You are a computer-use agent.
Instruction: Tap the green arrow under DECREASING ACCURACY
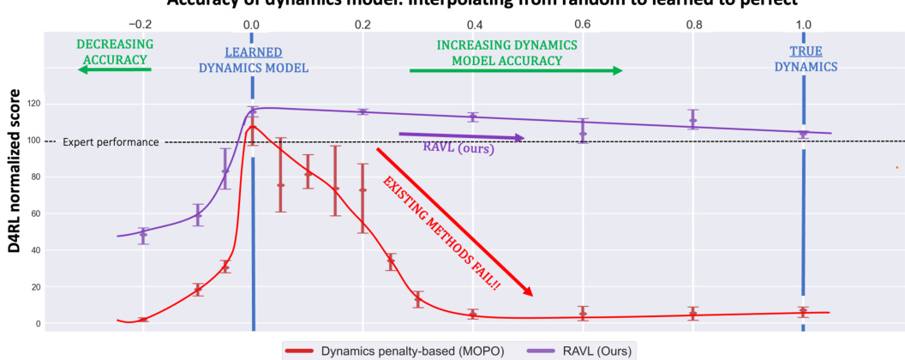115,71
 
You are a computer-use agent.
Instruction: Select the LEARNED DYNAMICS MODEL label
253,60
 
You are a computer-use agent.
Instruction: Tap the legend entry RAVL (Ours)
592,350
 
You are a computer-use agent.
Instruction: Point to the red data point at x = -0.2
143,320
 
